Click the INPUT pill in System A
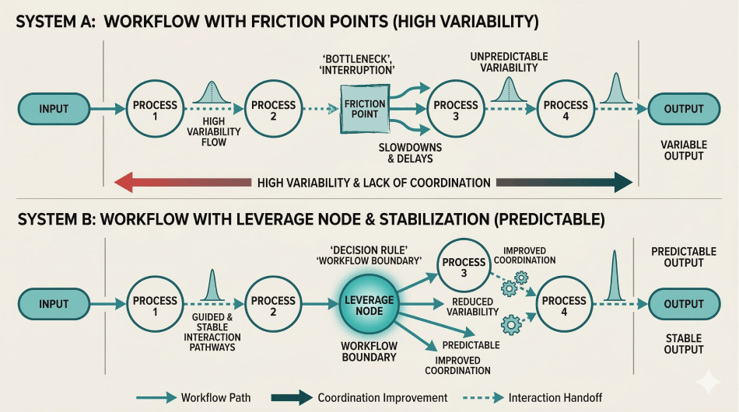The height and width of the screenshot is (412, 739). click(x=54, y=109)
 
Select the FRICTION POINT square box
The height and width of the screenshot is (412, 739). click(x=364, y=109)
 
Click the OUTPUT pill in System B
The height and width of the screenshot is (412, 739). click(x=684, y=304)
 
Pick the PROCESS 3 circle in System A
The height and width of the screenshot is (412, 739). click(x=456, y=110)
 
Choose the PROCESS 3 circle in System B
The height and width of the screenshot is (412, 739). click(x=464, y=262)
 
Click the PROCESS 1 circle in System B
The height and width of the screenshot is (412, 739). click(x=155, y=305)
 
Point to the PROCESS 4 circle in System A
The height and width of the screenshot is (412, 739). click(x=566, y=110)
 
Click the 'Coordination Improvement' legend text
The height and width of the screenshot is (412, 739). click(x=382, y=397)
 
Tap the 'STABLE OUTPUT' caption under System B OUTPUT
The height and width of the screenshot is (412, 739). click(x=683, y=344)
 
